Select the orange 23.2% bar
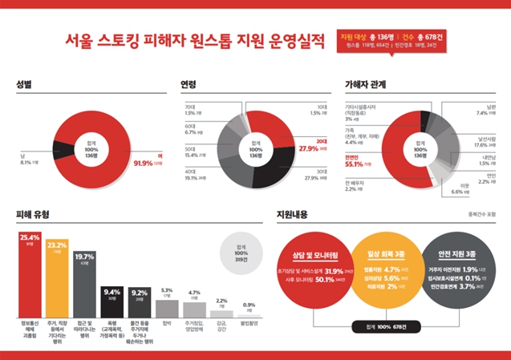click(x=57, y=277)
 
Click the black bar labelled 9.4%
click(x=112, y=301)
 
